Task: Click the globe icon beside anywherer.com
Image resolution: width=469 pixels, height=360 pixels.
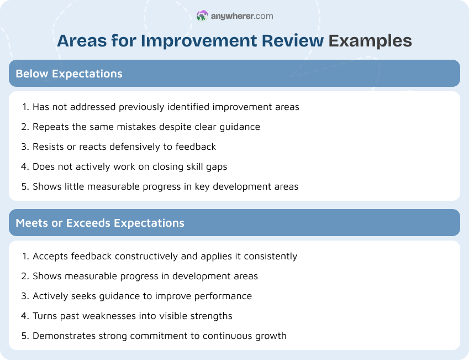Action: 202,16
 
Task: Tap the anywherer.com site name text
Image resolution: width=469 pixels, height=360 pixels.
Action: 242,16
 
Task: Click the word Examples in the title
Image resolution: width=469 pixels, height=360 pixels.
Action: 370,41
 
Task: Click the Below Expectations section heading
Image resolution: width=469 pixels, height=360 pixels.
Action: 69,74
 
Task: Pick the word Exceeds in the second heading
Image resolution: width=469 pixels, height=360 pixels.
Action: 88,223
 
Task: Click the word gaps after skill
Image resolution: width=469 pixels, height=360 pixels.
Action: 215,166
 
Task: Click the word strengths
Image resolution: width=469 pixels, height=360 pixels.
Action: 211,316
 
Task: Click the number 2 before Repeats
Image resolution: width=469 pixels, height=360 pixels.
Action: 24,127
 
